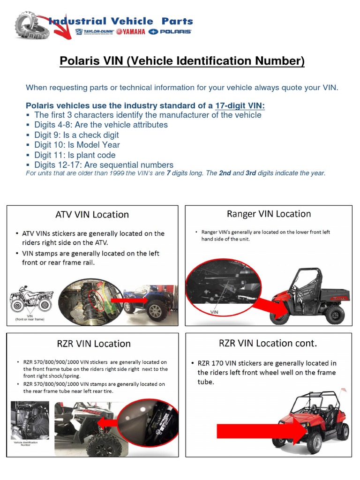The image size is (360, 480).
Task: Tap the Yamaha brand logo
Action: (131, 32)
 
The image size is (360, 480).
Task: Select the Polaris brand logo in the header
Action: (170, 32)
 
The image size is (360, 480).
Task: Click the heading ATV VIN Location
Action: (92, 215)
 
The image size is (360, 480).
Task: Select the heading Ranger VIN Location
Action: (269, 214)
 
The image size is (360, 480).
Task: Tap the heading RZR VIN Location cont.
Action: (268, 343)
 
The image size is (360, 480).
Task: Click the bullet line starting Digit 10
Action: (77, 145)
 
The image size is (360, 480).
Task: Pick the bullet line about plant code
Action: (75, 155)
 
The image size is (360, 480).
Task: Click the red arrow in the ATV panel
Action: (125, 300)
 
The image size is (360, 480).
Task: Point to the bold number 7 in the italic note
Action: (168, 173)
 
